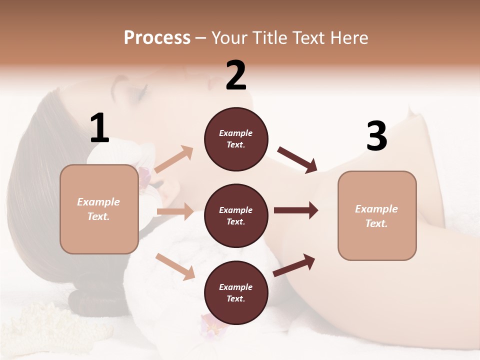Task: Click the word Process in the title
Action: (157, 38)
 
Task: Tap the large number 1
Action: (99, 128)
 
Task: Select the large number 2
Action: (236, 75)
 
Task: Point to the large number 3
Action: (376, 136)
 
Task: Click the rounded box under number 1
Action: (99, 209)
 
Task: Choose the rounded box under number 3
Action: (377, 215)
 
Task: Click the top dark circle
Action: (236, 139)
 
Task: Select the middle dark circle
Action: (236, 215)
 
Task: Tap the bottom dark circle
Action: (236, 292)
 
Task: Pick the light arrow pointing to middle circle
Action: (175, 211)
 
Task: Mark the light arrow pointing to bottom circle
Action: (175, 266)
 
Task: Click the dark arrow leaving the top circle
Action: (297, 159)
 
